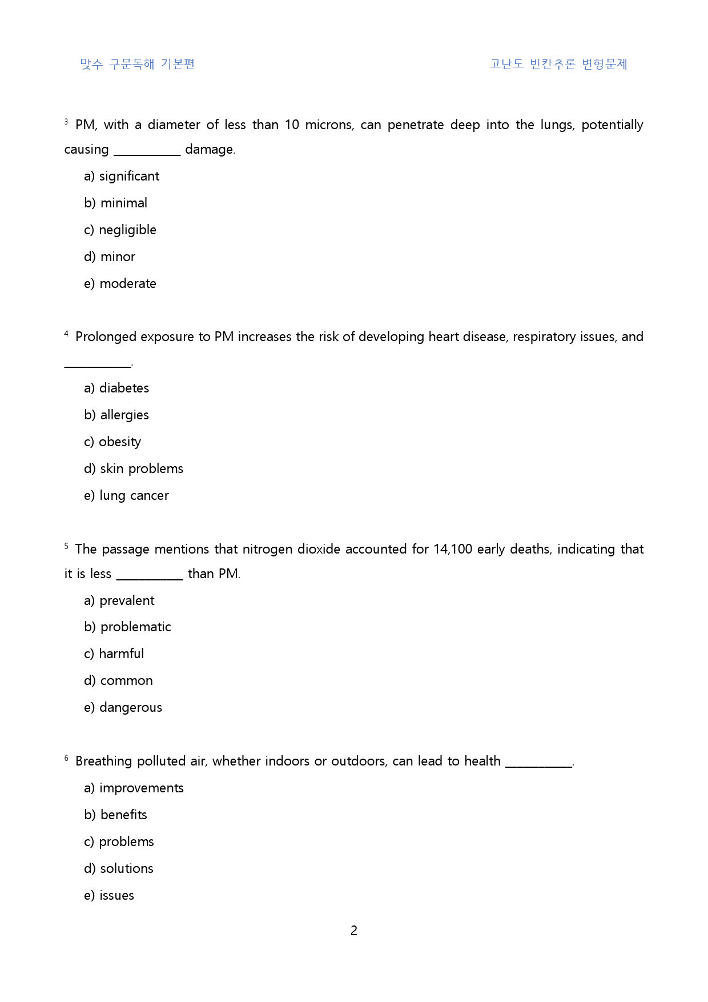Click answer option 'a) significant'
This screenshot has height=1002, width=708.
122,177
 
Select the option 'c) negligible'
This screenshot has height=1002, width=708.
120,230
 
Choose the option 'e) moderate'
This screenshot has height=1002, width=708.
120,284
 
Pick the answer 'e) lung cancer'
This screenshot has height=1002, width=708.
126,496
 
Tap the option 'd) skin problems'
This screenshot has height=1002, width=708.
134,469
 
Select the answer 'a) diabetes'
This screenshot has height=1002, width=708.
116,388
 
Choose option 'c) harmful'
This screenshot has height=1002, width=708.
114,654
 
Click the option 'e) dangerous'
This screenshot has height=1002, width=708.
123,708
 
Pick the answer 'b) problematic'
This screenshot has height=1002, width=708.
127,627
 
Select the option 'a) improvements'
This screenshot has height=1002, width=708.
134,788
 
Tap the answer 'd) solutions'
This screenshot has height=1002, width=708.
119,869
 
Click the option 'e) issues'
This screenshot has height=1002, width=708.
109,896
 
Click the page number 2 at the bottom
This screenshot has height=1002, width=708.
354,931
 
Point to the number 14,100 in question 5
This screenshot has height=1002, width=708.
453,550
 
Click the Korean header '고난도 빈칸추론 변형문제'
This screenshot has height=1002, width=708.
558,64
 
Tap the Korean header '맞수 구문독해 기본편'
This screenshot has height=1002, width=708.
138,64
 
